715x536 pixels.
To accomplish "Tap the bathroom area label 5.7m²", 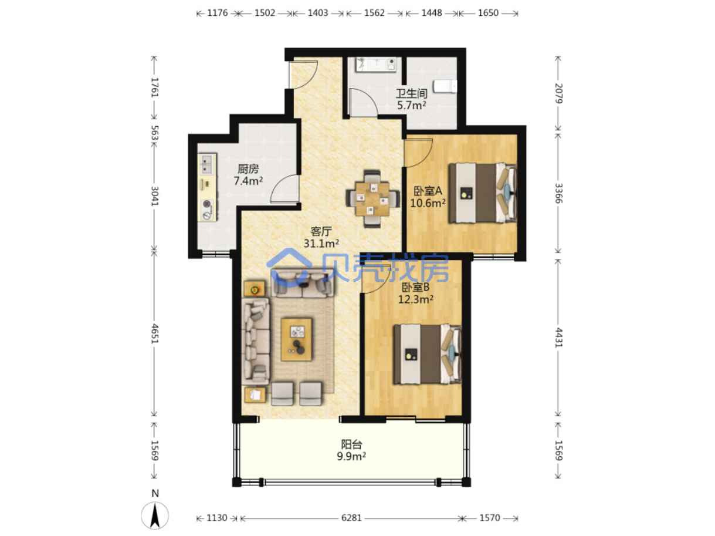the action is (x=411, y=105).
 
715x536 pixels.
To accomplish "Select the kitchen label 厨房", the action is (x=248, y=168).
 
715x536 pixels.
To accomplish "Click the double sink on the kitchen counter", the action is (x=207, y=164).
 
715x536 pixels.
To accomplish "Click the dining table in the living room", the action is (x=372, y=198).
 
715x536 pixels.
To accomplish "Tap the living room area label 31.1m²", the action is (x=321, y=243).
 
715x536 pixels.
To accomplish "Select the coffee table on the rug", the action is (x=296, y=340).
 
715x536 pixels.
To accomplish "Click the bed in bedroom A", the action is (x=482, y=193).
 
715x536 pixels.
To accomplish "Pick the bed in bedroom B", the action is (x=428, y=354).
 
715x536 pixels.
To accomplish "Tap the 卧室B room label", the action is (x=415, y=287).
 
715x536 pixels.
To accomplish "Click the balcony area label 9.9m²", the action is (x=351, y=456).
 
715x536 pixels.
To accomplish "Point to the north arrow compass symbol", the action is (x=155, y=515).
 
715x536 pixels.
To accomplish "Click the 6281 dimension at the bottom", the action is (x=351, y=518).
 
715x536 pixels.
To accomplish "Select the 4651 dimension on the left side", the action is (x=154, y=333).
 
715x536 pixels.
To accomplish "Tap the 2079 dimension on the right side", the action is (x=558, y=93).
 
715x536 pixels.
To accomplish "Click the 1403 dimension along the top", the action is (x=317, y=13).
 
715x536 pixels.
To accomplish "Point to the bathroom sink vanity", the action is (x=375, y=64).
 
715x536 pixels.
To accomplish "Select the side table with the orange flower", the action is (x=255, y=288).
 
